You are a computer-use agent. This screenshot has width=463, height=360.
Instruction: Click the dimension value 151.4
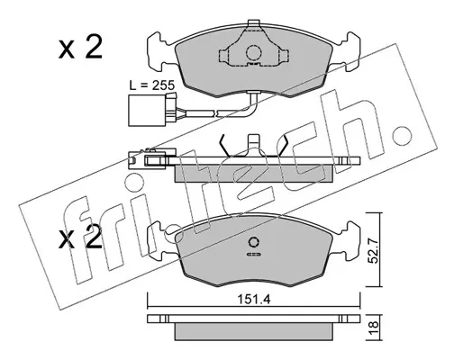[x=254, y=299]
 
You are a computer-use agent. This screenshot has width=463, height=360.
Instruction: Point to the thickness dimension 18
[x=372, y=328]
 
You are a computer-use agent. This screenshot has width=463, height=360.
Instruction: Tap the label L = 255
[x=151, y=85]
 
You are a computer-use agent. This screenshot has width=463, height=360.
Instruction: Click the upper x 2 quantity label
[x=80, y=48]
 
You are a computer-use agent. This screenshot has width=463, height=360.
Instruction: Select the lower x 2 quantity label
[x=80, y=238]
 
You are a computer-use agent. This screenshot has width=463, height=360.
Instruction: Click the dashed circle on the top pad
[x=254, y=53]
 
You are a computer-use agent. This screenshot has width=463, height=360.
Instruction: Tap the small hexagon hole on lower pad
[x=254, y=242]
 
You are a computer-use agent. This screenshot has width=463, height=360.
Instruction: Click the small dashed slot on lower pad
[x=254, y=255]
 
